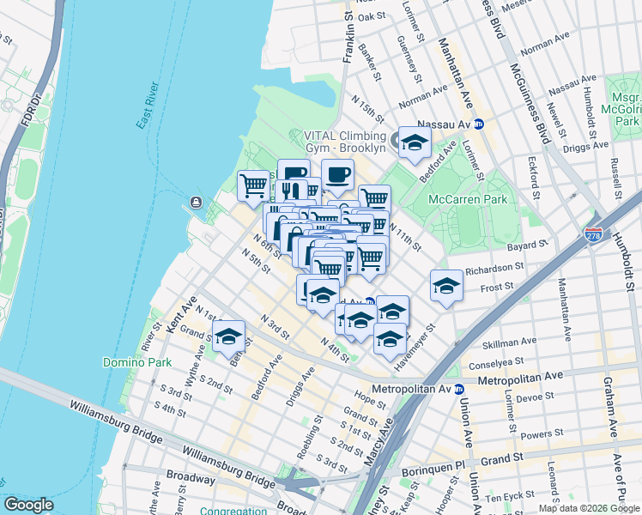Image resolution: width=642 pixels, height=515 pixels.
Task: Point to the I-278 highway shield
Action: [593, 233]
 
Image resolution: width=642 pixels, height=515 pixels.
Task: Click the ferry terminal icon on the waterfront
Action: [196, 203]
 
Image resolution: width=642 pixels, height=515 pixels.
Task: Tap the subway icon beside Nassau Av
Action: [480, 124]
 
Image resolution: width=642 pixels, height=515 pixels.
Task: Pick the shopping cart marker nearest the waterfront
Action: [253, 185]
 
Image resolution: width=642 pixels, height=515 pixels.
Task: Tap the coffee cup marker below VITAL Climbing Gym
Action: [337, 174]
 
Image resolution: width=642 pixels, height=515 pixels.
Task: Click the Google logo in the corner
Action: [29, 505]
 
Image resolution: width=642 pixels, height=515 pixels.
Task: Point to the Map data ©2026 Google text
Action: [590, 508]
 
